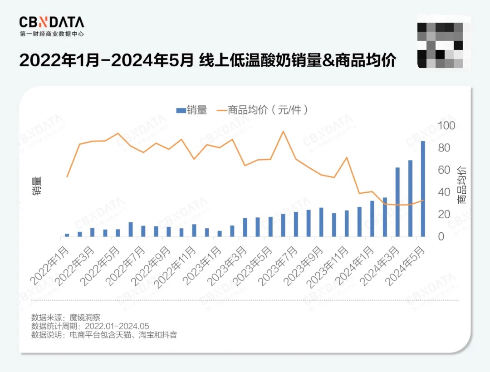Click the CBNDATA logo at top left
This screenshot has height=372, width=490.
tap(51, 22)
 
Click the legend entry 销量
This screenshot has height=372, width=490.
tap(192, 110)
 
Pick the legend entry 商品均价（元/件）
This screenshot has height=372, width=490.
tap(263, 110)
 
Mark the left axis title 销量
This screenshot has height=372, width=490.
tap(37, 186)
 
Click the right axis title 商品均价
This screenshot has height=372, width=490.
tap(462, 185)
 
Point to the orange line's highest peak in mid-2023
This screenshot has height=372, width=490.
tap(283, 132)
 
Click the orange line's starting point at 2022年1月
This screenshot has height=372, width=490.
tap(67, 176)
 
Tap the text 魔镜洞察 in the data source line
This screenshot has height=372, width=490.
tap(84, 317)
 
